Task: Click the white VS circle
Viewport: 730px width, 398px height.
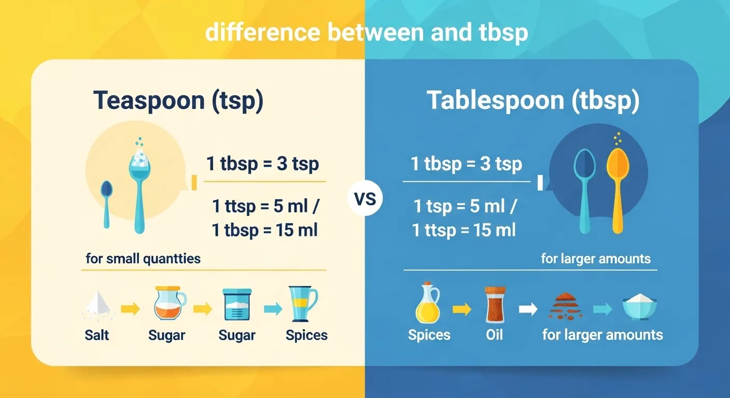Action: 365,199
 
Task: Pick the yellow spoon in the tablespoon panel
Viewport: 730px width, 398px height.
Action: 617,189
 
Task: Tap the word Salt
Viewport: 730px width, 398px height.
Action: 97,335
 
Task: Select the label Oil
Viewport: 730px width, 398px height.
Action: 495,335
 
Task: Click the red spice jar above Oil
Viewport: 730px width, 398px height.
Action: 494,305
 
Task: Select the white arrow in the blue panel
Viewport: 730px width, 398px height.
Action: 528,309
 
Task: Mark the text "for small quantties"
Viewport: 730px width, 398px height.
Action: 143,258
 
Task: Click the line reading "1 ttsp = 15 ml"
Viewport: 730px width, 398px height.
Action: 464,230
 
